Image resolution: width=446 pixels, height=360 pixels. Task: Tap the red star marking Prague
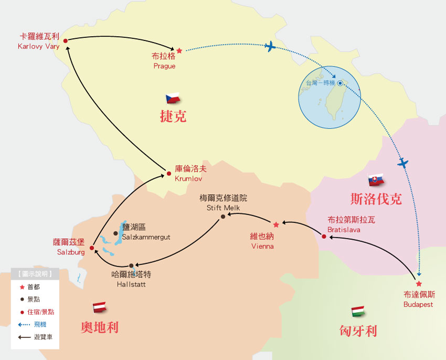point(179,51)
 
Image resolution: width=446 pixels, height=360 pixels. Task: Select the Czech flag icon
point(173,98)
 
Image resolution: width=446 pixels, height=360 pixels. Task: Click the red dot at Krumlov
point(168,174)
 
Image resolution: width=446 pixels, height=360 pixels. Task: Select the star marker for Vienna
point(276,225)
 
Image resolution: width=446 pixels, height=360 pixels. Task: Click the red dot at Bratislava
point(324,237)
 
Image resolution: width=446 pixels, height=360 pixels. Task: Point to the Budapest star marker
point(419,284)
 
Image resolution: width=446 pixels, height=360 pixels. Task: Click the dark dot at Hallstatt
point(131,265)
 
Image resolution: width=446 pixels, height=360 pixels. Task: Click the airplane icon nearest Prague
point(270,47)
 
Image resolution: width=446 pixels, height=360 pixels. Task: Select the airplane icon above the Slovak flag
point(402,163)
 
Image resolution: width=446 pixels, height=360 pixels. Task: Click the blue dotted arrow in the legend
point(24,325)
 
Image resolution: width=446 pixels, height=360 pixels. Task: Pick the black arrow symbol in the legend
point(24,337)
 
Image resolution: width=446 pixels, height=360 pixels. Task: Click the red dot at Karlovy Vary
point(66,40)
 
